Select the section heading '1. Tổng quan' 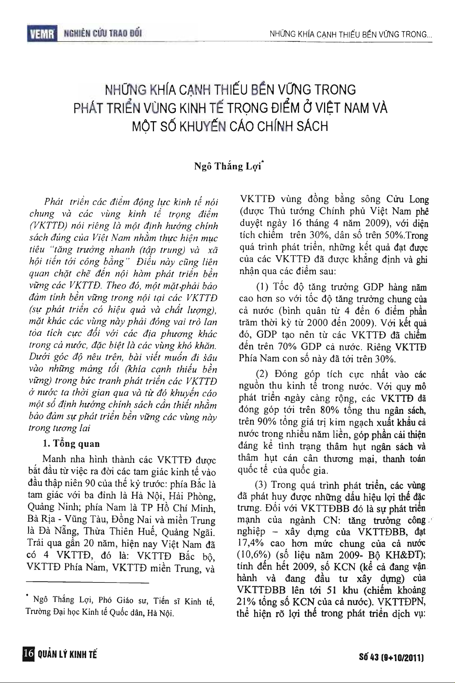coord(71,444)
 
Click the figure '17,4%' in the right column coord(250,544)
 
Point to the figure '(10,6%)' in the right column coord(253,555)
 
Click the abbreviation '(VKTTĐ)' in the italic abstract coord(49,226)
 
